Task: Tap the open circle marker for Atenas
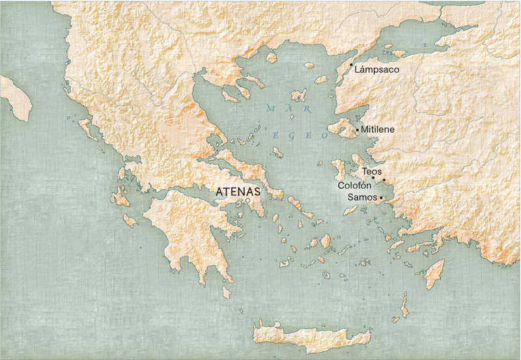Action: (248, 201)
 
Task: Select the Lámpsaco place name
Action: (377, 69)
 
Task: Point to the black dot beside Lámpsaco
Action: (352, 65)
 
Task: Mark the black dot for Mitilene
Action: (357, 130)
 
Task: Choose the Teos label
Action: (372, 171)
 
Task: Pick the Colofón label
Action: (354, 186)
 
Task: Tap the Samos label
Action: (363, 197)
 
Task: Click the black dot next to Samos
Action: (381, 198)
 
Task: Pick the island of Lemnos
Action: (299, 96)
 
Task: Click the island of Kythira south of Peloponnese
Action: (226, 292)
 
